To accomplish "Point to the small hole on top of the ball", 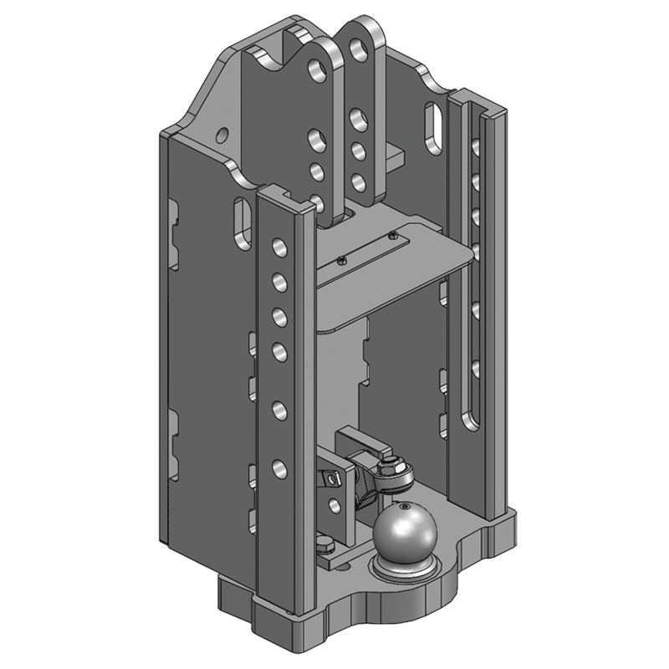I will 404,508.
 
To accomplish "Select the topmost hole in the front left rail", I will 278,248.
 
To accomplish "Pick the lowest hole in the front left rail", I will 278,466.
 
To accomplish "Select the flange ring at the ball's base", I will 402,567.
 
